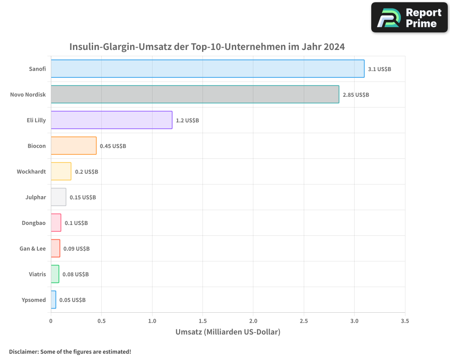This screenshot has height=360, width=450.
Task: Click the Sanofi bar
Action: click(x=207, y=69)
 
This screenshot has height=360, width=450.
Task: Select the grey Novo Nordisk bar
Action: click(x=195, y=94)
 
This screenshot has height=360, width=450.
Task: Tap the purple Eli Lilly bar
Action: click(x=112, y=120)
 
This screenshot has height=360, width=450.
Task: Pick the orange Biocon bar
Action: click(x=73, y=146)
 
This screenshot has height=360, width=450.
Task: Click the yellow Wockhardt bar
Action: click(x=61, y=171)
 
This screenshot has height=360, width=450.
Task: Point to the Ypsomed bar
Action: click(x=54, y=300)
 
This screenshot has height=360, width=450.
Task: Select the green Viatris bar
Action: click(x=55, y=274)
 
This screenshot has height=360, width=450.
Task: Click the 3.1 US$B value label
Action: click(x=379, y=69)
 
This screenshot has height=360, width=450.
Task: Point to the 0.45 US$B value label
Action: click(x=113, y=146)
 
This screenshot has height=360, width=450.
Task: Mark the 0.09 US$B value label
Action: click(x=76, y=249)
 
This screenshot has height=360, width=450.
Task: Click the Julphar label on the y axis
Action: click(x=36, y=197)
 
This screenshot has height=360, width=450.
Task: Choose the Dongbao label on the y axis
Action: click(x=34, y=223)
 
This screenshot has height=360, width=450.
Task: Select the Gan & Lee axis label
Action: click(x=32, y=248)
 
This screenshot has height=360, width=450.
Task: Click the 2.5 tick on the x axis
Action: click(x=304, y=321)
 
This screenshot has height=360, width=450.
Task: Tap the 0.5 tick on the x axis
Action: click(x=101, y=321)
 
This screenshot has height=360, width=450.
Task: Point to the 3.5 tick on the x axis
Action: click(x=405, y=321)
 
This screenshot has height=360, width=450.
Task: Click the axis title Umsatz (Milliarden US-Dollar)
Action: click(x=228, y=332)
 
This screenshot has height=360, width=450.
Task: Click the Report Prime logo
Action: click(x=409, y=18)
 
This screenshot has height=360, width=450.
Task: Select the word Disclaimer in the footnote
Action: click(x=23, y=351)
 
